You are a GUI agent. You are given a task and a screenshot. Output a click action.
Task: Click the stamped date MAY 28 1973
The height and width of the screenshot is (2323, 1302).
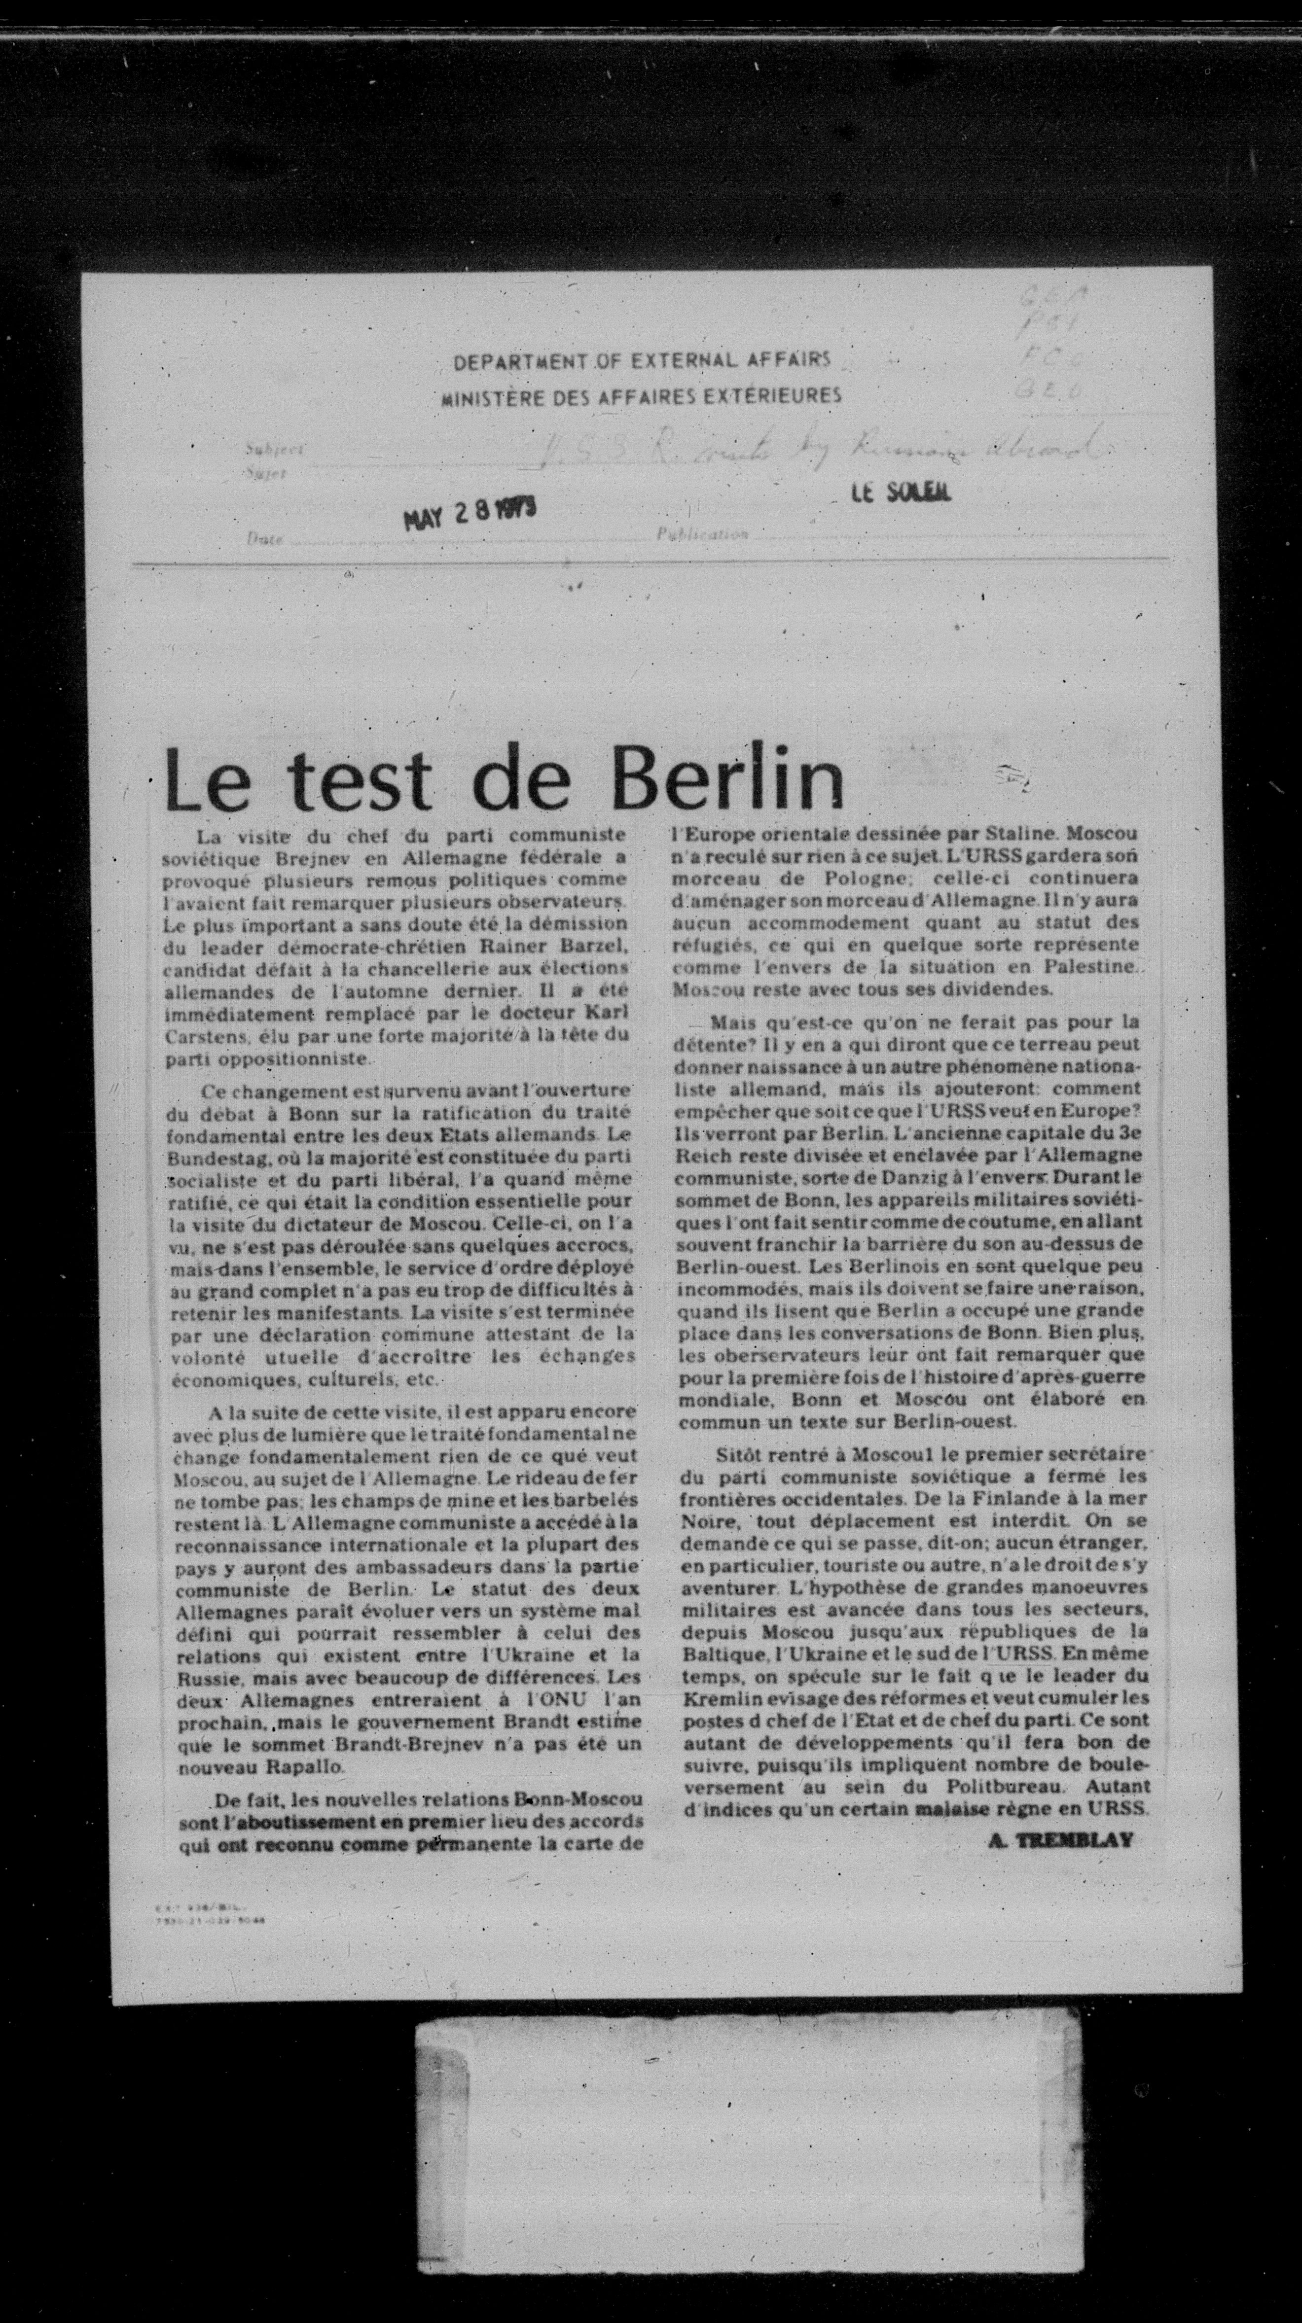pyautogui.click(x=469, y=515)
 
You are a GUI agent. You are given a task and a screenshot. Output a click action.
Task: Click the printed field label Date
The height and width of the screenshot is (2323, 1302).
pyautogui.click(x=264, y=538)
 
